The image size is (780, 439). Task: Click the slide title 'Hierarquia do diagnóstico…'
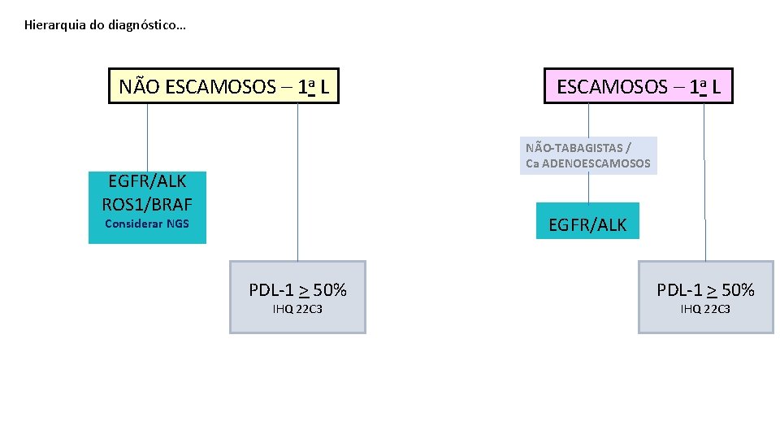pos(105,25)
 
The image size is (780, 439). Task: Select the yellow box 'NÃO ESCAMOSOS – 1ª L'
pos(223,86)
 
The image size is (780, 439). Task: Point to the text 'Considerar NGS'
pos(147,224)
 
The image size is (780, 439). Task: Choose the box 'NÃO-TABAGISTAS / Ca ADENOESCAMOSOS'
pos(588,155)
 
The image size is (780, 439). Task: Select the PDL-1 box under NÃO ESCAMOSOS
pos(297,297)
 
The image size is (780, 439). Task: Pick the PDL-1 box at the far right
pos(705,297)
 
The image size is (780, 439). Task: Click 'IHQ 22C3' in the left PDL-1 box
pos(297,309)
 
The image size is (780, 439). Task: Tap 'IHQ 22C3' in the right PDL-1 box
pos(705,309)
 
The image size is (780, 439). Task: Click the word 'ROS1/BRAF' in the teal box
pos(147,203)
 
